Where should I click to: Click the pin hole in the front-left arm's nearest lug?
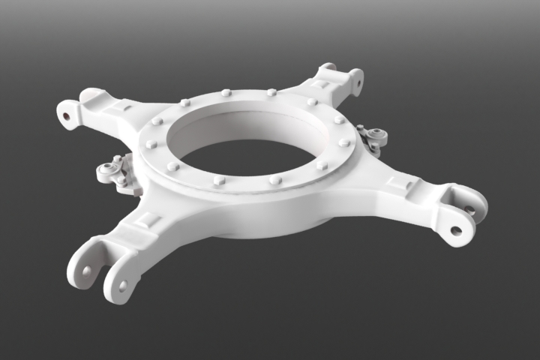(121, 286)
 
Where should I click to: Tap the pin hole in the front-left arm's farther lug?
(87, 270)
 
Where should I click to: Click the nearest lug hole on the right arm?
(456, 230)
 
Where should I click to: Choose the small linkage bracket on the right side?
(372, 136)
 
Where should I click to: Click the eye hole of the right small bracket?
(381, 136)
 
